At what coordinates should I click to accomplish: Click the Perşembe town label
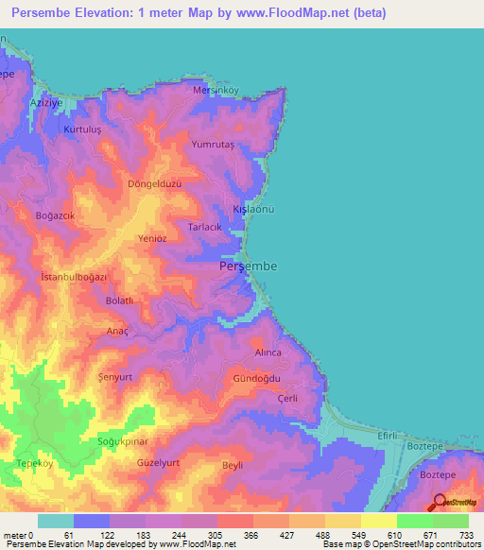click(248, 267)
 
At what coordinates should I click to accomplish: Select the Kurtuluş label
click(81, 128)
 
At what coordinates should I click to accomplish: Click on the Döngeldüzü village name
click(153, 184)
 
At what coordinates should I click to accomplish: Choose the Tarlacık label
click(205, 228)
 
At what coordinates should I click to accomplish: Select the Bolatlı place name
click(120, 301)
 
